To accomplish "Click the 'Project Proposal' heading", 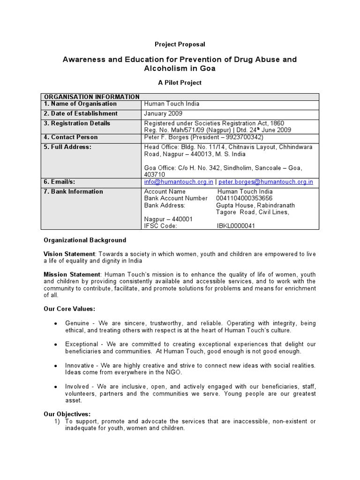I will [180, 44].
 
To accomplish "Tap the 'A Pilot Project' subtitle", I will [180, 82].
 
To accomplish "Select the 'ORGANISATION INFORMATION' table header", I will [91, 97].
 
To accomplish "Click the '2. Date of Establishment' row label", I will [81, 113].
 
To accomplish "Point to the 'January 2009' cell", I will [163, 113].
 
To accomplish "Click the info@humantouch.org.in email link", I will [179, 182].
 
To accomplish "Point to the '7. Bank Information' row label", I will [73, 191].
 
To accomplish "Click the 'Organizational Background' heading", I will [85, 240].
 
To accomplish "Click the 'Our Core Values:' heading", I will [69, 309].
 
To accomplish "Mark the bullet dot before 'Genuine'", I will [56, 324].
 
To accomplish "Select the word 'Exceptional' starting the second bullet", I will [82, 344].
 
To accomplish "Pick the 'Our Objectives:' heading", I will [67, 414].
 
